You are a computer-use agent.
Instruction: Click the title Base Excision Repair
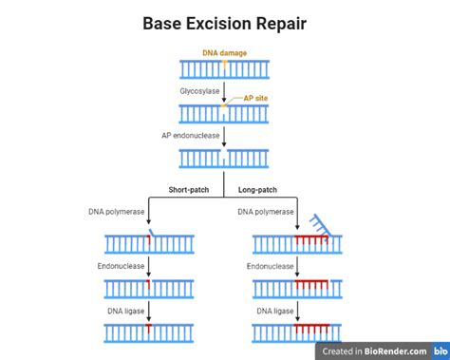pos(224,21)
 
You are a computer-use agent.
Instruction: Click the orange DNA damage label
pos(224,53)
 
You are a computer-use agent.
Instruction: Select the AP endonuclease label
pos(190,135)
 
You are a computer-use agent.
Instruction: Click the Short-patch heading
pos(189,189)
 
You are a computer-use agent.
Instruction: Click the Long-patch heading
pos(257,189)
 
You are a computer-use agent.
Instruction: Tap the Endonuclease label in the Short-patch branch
pos(121,266)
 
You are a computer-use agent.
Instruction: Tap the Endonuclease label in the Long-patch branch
pos(271,266)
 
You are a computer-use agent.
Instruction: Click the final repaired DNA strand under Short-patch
pos(149,332)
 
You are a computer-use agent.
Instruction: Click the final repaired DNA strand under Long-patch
pos(299,332)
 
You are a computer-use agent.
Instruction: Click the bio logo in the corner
pos(439,351)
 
